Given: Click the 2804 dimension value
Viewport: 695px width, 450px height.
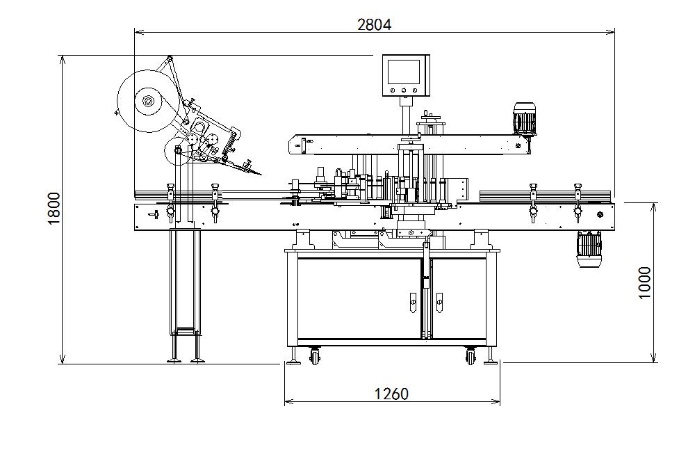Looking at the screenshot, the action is click(x=375, y=24).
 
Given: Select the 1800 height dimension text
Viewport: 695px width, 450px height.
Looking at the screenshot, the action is click(x=54, y=209).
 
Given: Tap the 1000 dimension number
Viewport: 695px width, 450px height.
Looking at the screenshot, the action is click(x=644, y=282).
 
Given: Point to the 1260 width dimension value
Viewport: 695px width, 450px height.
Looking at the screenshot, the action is click(x=391, y=394).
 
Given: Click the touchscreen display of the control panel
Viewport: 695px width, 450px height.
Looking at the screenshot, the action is click(x=404, y=72).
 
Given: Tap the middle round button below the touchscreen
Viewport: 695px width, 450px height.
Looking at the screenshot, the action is click(x=404, y=90).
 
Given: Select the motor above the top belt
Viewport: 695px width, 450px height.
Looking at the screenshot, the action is click(x=525, y=118).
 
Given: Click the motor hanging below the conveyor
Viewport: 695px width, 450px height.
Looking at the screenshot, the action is click(x=589, y=250).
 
